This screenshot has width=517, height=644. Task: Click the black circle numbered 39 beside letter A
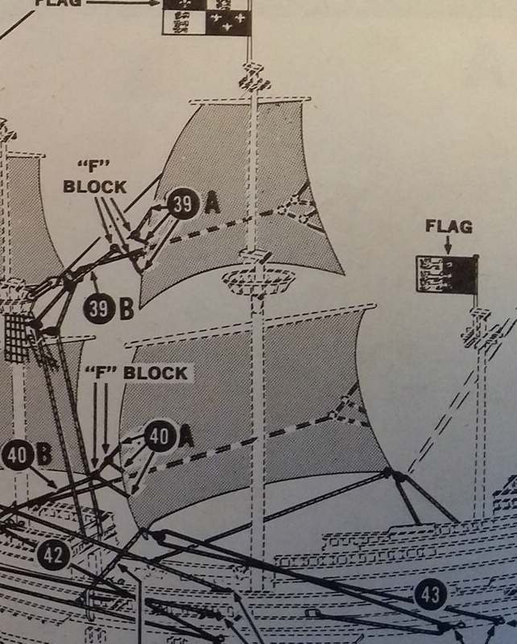pyautogui.click(x=184, y=204)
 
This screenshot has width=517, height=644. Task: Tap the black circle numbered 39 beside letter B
pyautogui.click(x=99, y=308)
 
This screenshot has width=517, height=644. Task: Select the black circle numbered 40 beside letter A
pyautogui.click(x=161, y=436)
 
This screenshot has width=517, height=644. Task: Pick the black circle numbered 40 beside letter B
pyautogui.click(x=18, y=455)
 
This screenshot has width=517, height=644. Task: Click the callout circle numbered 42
pyautogui.click(x=54, y=555)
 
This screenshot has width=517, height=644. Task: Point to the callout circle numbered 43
pyautogui.click(x=431, y=594)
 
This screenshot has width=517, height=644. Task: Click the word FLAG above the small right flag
pyautogui.click(x=449, y=226)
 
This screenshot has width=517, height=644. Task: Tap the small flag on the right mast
pyautogui.click(x=447, y=274)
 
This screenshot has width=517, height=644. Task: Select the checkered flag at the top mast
pyautogui.click(x=207, y=17)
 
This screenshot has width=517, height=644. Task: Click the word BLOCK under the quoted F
pyautogui.click(x=95, y=187)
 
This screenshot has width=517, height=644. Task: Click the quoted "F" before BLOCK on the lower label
pyautogui.click(x=101, y=372)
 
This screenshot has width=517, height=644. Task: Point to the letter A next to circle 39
pyautogui.click(x=212, y=204)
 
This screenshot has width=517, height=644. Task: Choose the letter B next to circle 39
pyautogui.click(x=126, y=309)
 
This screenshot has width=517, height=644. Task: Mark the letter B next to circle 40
pyautogui.click(x=45, y=455)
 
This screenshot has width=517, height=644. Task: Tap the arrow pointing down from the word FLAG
pyautogui.click(x=449, y=245)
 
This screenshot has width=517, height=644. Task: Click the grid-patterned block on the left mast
pyautogui.click(x=17, y=336)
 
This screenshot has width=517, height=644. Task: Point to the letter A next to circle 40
pyautogui.click(x=187, y=436)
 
